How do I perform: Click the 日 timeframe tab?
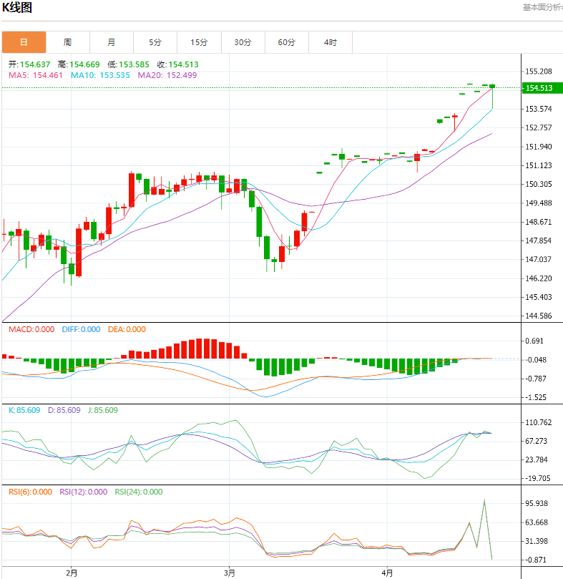point(24,42)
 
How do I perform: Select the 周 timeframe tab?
point(67,42)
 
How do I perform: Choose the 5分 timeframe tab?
point(155,42)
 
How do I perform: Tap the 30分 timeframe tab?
point(243,42)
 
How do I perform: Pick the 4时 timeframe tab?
point(330,42)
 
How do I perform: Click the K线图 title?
point(18,9)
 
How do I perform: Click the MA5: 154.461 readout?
point(36,75)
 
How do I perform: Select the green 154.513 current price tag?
point(539,88)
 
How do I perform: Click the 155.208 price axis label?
point(538,72)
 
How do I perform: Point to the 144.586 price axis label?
point(538,316)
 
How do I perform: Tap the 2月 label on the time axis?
point(71,573)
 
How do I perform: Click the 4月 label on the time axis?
point(387,573)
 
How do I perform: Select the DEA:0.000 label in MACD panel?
point(127,329)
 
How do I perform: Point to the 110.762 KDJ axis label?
point(538,422)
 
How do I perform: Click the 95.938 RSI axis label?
point(537,504)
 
